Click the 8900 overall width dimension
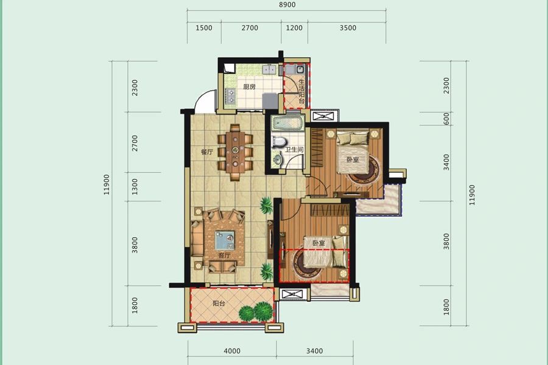(x=287, y=5)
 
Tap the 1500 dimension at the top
(x=204, y=28)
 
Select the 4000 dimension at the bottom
(x=232, y=351)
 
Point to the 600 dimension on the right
(x=446, y=119)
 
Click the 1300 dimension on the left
(x=135, y=187)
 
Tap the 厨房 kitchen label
(x=250, y=86)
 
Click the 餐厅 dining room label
(x=207, y=152)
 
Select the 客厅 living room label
(x=224, y=255)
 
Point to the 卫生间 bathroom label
(x=294, y=150)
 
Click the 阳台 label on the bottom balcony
(x=219, y=303)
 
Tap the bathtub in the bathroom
(x=287, y=123)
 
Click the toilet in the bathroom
(x=279, y=142)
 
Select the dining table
(x=236, y=152)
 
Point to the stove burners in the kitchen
(x=231, y=96)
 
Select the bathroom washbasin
(x=278, y=159)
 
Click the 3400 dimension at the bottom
(x=315, y=351)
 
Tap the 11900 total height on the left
(x=107, y=184)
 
